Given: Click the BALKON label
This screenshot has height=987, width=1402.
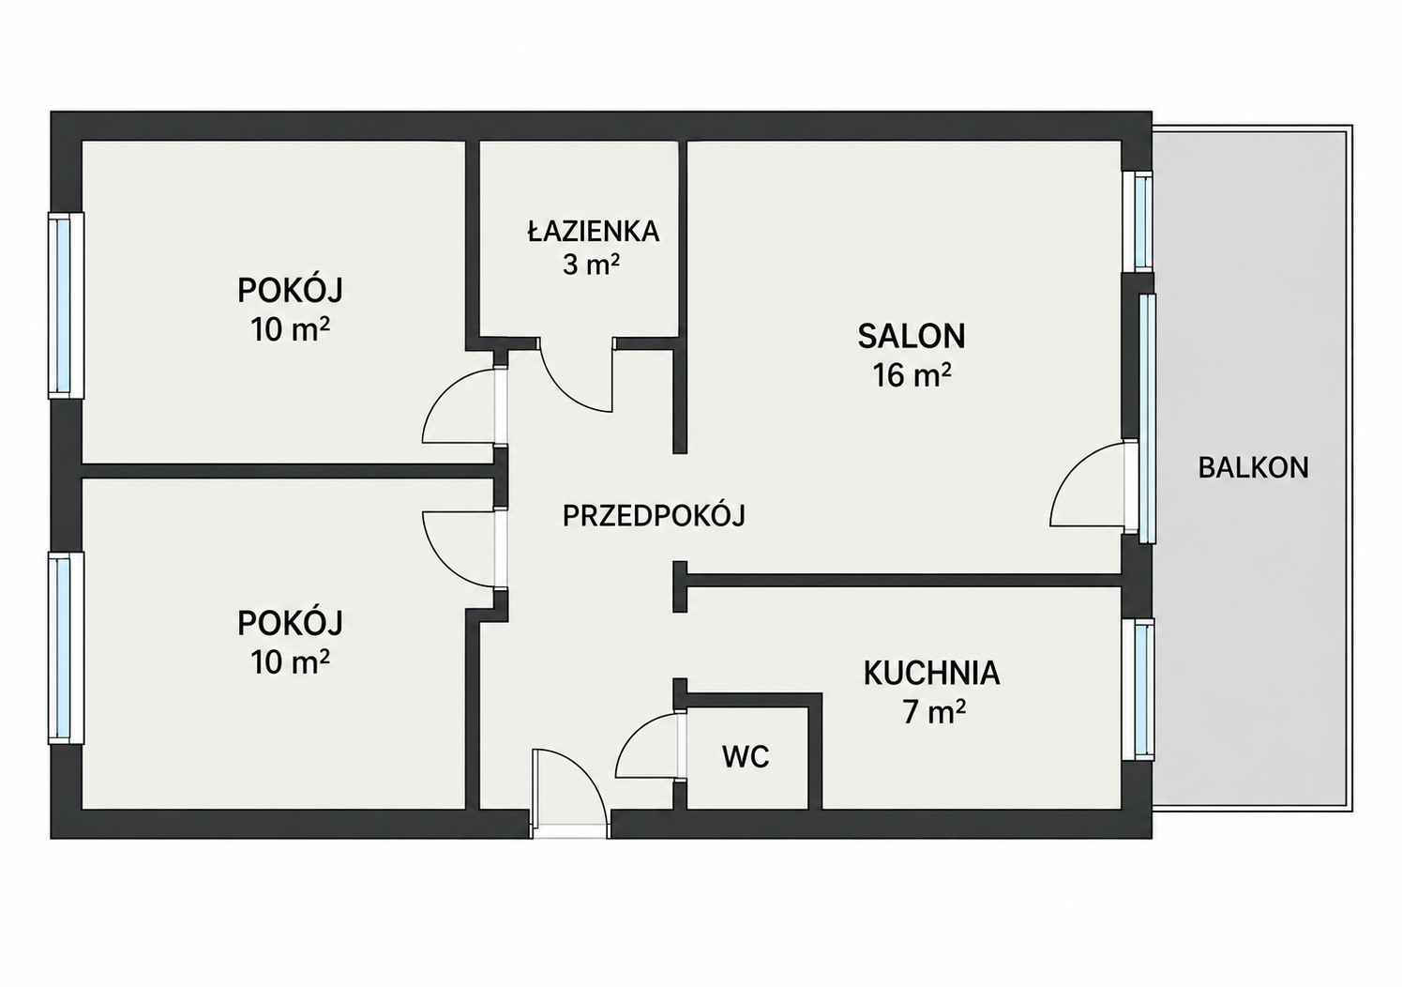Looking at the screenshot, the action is [x=1253, y=468].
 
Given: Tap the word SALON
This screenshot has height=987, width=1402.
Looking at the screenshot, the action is [x=912, y=336].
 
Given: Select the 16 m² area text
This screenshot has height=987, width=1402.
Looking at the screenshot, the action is [x=912, y=376].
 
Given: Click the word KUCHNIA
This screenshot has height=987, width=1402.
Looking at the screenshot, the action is [x=932, y=674].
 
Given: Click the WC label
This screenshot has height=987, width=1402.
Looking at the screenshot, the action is [x=746, y=757].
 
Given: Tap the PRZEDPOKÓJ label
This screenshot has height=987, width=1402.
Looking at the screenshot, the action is [x=654, y=516].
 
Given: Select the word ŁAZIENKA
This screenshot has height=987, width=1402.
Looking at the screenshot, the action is [x=594, y=231].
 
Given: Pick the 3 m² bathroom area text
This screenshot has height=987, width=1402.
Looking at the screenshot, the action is [x=591, y=265].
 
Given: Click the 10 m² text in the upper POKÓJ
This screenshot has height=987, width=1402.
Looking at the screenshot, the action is [x=291, y=329].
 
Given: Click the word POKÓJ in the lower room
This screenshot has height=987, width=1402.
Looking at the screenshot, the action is [x=291, y=623].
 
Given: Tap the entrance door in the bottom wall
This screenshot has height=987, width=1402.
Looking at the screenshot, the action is [x=569, y=792].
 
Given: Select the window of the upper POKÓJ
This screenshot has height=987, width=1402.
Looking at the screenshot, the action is [x=66, y=305].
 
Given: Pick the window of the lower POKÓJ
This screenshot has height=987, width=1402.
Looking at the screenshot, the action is [x=66, y=648].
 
